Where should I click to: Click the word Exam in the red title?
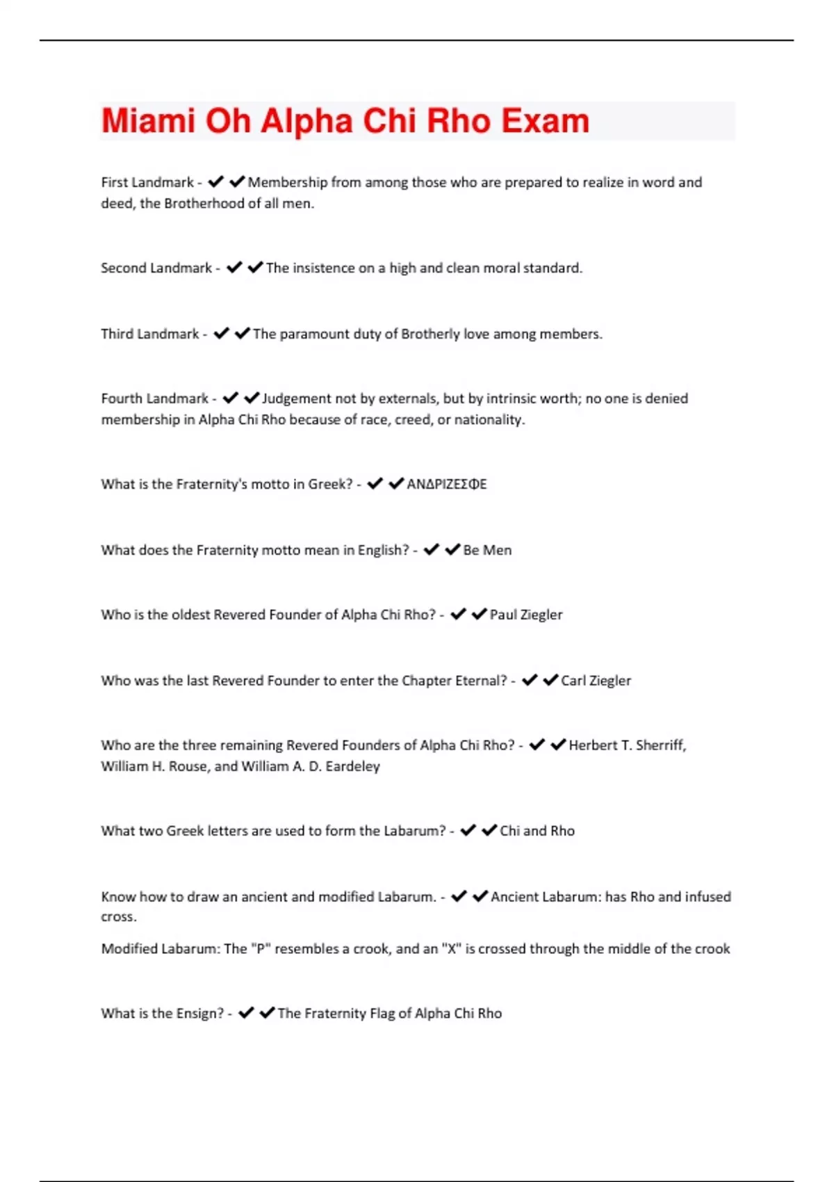545,121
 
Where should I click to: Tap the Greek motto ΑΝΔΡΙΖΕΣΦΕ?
447,484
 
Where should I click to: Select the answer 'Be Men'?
487,550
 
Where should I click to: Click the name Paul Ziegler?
526,615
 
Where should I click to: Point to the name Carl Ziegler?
596,681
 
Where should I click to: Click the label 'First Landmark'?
147,182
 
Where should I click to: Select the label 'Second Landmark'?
156,268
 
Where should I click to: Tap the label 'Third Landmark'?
150,334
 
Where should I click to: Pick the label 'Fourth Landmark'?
154,398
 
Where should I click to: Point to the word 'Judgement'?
297,398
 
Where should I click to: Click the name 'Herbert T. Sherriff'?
627,745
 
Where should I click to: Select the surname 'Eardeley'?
352,766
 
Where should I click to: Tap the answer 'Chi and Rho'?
537,831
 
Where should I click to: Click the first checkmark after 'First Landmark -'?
215,182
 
